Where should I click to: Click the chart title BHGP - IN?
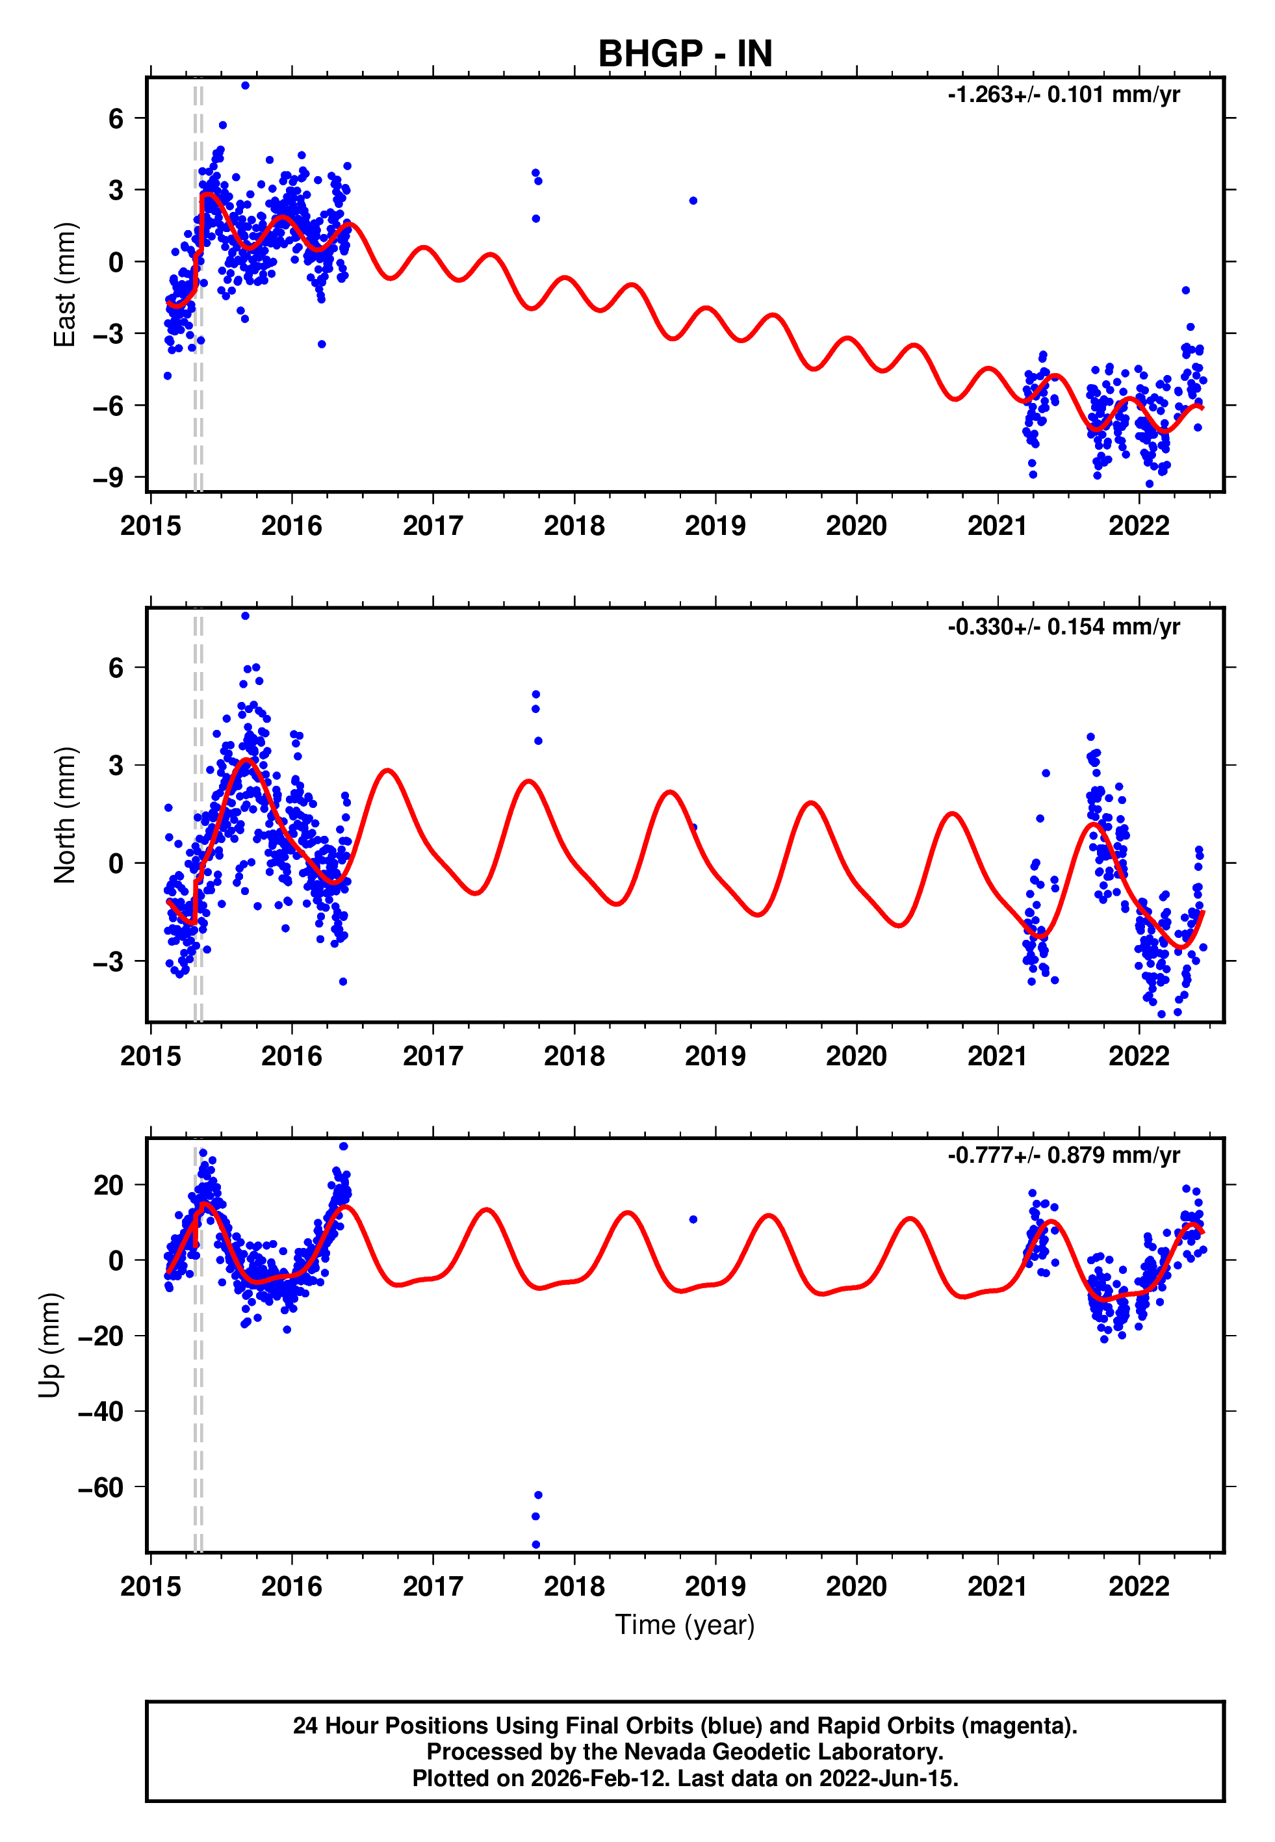pos(685,55)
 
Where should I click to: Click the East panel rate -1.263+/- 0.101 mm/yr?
pos(1063,95)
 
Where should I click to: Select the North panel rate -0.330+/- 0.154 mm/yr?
pos(1063,627)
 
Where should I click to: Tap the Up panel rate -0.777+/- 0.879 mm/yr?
pos(1063,1156)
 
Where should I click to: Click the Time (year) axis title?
pos(685,1625)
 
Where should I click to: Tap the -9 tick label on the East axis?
pos(108,478)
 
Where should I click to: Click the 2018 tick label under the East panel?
pos(574,526)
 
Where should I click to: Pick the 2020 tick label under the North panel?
pos(856,1057)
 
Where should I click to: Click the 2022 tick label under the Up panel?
pos(1139,1587)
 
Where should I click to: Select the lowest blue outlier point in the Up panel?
pos(536,1545)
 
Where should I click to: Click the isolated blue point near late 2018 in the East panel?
pos(693,200)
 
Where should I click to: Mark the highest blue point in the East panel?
pos(245,85)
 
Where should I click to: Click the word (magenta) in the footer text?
pos(1018,1726)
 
